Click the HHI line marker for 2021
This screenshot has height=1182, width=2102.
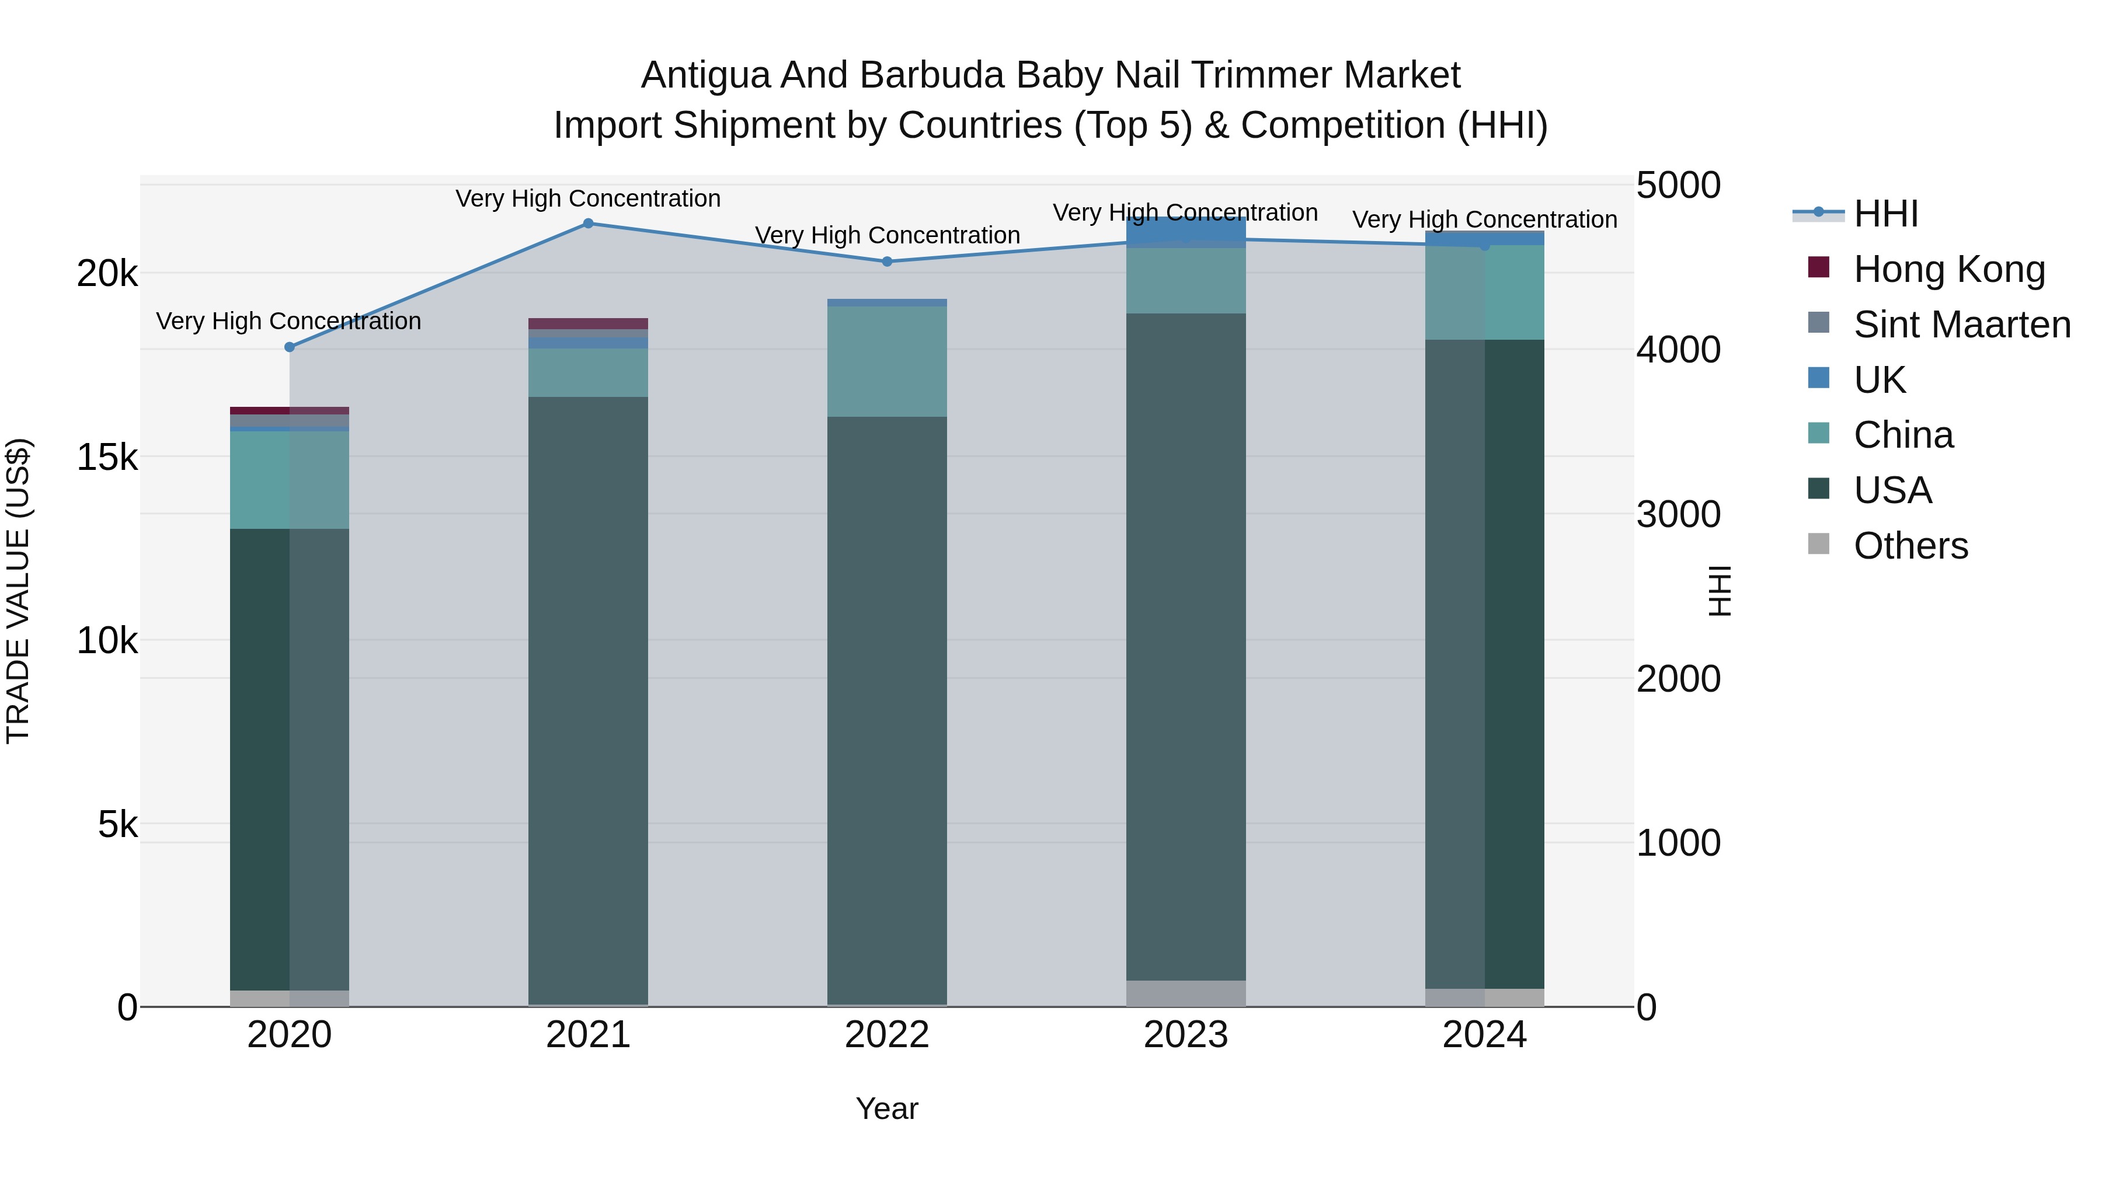click(x=587, y=224)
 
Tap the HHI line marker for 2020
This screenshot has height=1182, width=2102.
click(x=289, y=347)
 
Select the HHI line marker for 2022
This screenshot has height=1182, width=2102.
click(x=887, y=262)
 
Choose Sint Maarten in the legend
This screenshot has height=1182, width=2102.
click(x=1962, y=325)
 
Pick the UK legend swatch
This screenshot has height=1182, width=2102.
click(x=1819, y=378)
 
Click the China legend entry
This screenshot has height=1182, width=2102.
click(x=1903, y=435)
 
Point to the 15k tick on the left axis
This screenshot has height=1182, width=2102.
click(x=107, y=458)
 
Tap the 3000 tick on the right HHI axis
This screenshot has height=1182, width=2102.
click(x=1678, y=515)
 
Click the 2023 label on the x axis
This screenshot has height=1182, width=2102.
click(x=1186, y=1035)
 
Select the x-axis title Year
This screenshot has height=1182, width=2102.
click(x=887, y=1108)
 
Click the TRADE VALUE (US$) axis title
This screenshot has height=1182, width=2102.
click(x=18, y=591)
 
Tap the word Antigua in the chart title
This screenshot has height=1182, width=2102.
click(x=704, y=75)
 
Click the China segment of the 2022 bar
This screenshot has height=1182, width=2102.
click(x=887, y=361)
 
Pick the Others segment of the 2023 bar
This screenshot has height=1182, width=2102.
click(x=1186, y=993)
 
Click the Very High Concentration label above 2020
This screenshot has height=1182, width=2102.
click(x=289, y=322)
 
